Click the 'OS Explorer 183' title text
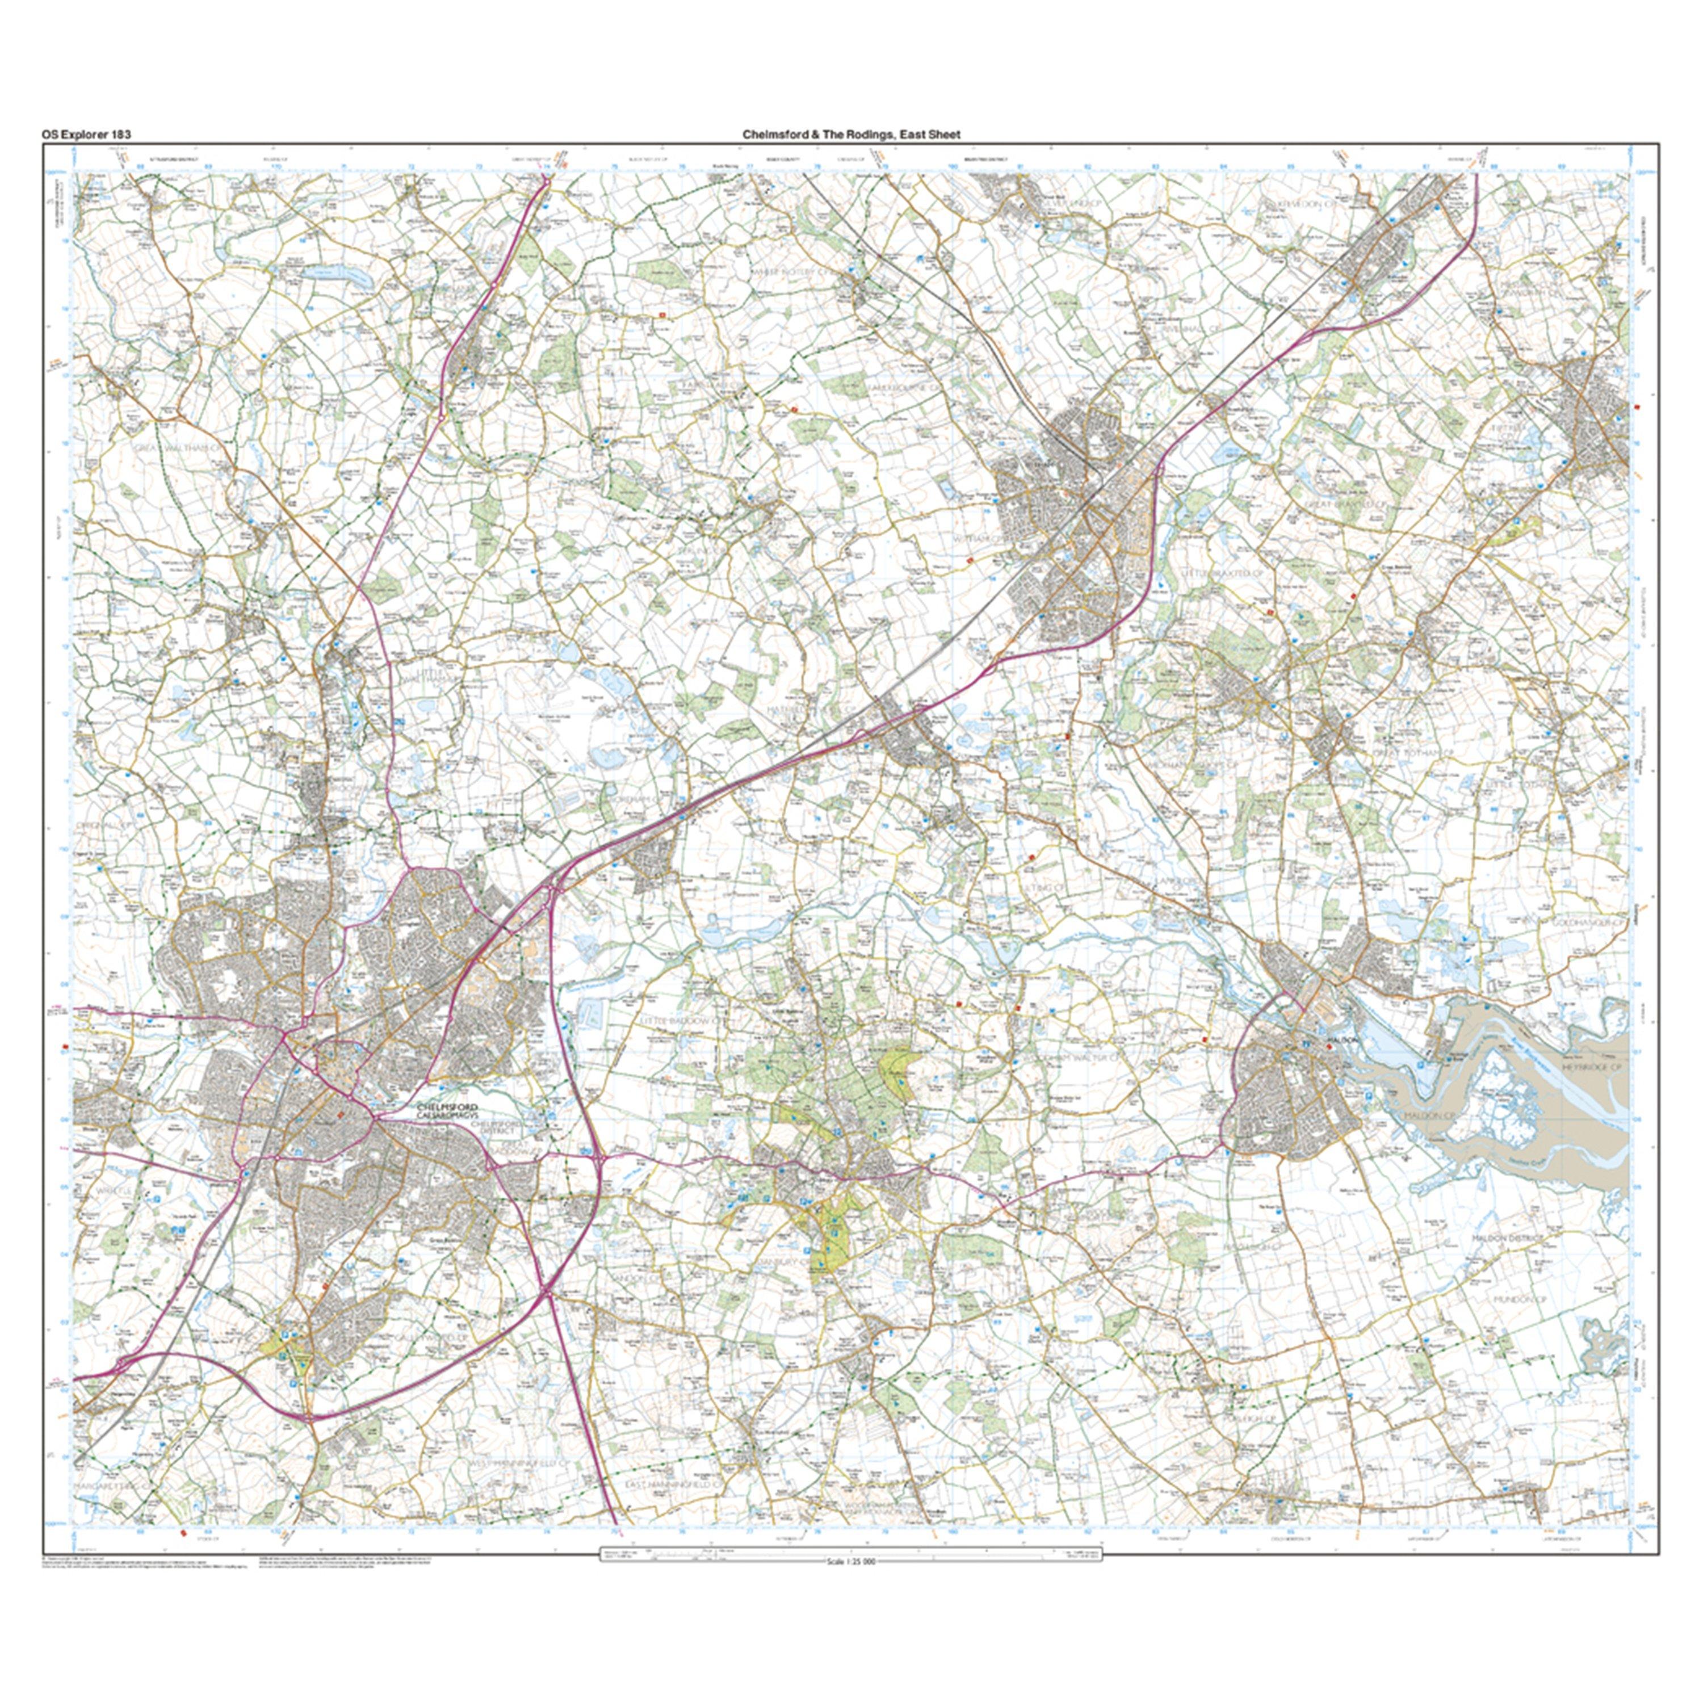point(86,134)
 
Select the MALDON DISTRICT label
point(1507,1239)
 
